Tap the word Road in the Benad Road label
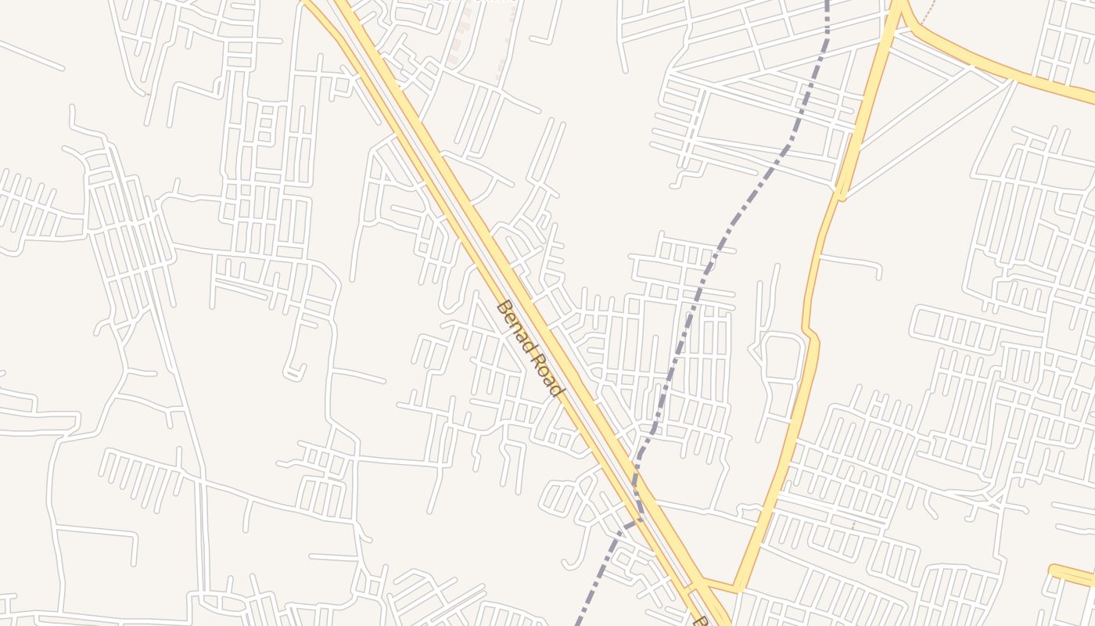click(547, 375)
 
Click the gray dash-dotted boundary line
click(731, 227)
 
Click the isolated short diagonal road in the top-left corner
click(31, 55)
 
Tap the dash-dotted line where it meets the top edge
click(827, 4)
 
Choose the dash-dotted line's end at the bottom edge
click(579, 622)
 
